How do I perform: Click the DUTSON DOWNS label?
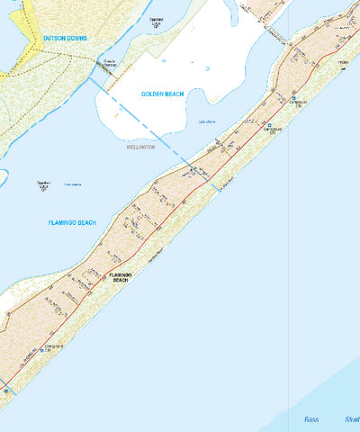65,39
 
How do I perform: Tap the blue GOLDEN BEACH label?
162,94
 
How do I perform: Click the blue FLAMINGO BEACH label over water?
72,222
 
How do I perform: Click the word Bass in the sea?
311,419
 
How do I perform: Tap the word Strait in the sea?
350,419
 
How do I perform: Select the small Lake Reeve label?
206,121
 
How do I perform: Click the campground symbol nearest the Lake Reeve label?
269,126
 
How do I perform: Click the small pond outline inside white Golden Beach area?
207,68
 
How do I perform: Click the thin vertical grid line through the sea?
288,270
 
